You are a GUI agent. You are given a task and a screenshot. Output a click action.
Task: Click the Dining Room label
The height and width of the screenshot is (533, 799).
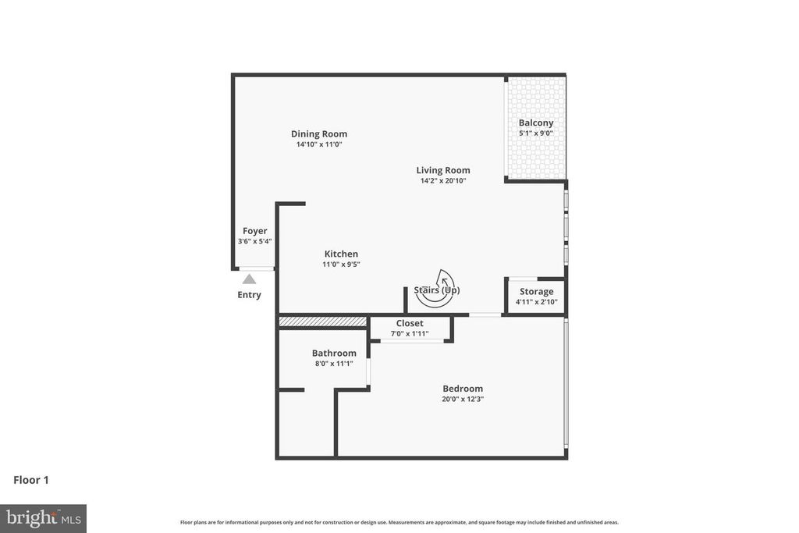click(319, 133)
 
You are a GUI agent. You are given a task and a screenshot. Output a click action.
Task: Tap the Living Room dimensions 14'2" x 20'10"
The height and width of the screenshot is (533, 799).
click(442, 181)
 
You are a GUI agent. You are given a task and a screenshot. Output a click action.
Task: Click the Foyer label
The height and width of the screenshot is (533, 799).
click(254, 231)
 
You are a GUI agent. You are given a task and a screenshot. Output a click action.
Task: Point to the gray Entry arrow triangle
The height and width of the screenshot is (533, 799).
click(249, 279)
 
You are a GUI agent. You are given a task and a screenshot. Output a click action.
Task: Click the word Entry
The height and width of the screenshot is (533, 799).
click(249, 295)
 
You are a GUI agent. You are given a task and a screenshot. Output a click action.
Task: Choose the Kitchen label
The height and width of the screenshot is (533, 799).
click(341, 254)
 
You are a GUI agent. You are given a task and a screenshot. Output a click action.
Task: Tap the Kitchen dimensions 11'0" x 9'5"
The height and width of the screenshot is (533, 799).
click(341, 265)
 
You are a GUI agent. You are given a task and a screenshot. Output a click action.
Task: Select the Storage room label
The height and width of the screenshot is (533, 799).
click(536, 292)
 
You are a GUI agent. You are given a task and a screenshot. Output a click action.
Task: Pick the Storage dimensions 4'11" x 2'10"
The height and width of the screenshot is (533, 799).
click(536, 302)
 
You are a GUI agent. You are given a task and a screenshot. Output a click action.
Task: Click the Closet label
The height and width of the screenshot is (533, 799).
click(410, 323)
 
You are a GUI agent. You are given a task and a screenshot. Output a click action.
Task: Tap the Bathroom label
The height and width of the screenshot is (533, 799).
click(334, 353)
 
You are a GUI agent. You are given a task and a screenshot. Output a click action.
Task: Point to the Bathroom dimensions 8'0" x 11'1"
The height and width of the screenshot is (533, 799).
click(334, 364)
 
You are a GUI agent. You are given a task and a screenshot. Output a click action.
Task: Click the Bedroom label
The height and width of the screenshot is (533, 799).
click(463, 389)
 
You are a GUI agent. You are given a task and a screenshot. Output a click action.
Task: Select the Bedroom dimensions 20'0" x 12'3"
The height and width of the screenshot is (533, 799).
click(463, 400)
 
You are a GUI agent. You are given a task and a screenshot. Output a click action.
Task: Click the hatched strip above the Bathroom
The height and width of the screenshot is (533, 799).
click(322, 322)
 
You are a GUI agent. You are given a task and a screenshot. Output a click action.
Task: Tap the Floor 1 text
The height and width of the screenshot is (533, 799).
click(31, 480)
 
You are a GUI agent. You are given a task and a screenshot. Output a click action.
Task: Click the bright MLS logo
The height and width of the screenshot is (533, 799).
click(43, 518)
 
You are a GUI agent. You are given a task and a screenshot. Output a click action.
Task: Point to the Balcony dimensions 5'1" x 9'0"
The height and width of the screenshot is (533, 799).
click(536, 133)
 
